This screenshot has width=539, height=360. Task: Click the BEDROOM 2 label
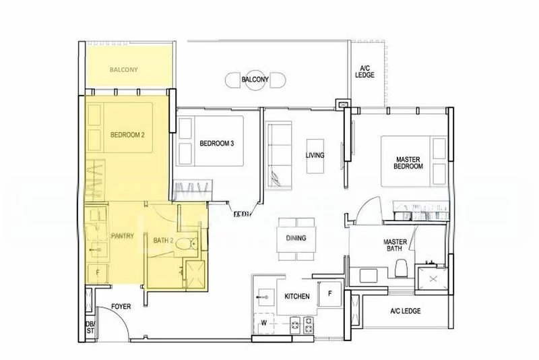coord(127,135)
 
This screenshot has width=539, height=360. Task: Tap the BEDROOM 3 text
coord(217,143)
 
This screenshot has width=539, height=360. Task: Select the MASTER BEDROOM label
coord(409,162)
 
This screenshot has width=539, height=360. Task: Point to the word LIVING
coord(315,155)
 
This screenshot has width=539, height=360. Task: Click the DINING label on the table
coord(296,238)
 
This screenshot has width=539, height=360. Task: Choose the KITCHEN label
coord(296,296)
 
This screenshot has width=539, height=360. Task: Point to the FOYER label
coord(121,307)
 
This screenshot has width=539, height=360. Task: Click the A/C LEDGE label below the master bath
coord(405,311)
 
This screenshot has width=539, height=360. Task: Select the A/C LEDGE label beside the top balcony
coord(364,71)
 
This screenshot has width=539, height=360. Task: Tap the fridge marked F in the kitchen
coord(329,294)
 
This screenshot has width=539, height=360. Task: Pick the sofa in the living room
coord(277,154)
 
